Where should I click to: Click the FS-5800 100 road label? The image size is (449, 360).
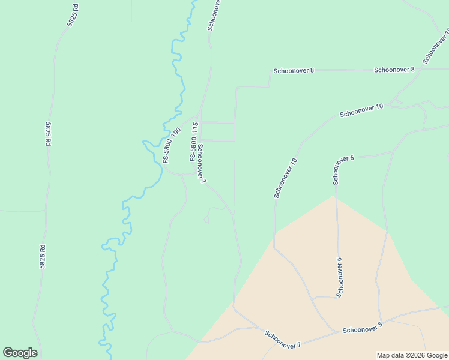pos(172,146)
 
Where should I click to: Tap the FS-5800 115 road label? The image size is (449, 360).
pos(194,142)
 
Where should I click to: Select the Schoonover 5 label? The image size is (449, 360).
pos(362,328)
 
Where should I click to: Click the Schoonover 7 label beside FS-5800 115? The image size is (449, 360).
pos(202,164)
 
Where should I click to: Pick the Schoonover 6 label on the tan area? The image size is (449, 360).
pos(339,277)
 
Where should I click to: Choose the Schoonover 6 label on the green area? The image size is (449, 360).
pos(343,170)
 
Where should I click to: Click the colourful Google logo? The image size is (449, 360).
pos(20,353)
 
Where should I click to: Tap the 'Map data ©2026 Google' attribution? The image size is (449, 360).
pos(412,355)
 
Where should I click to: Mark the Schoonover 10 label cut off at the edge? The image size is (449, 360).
pos(436,46)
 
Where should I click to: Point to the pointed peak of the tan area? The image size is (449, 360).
pos(333,196)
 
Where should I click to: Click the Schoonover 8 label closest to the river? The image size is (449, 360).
pos(294,70)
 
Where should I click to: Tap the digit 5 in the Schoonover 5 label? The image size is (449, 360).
pos(380,325)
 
